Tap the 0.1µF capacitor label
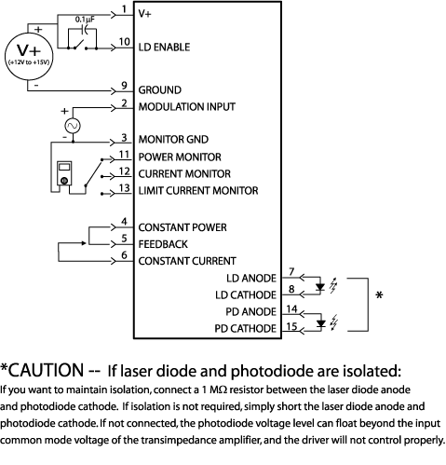tap(87, 18)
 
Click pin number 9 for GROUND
tap(124, 86)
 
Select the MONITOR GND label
tap(172, 140)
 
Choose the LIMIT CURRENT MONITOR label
tap(198, 190)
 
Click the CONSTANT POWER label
tap(182, 227)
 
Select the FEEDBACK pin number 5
tap(124, 239)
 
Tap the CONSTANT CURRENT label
tap(186, 260)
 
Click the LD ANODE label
tap(250, 278)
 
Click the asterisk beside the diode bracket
tap(378, 297)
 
